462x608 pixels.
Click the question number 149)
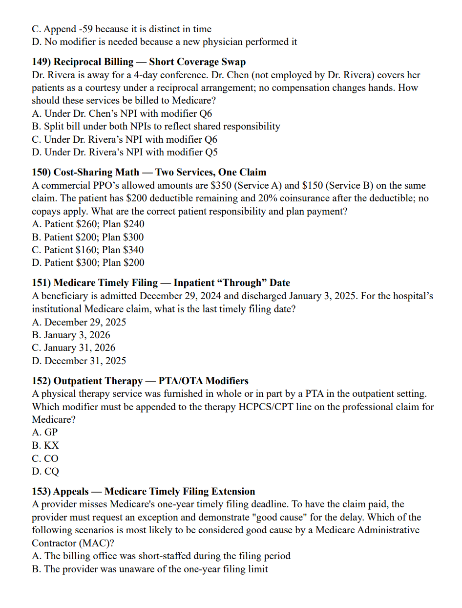pos(42,62)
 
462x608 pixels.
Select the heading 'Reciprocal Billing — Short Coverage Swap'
pos(149,62)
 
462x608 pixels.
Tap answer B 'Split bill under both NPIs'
pos(156,126)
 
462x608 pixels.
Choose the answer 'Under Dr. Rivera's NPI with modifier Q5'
pos(125,152)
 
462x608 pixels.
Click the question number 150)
pos(42,172)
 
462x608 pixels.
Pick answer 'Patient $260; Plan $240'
pos(88,224)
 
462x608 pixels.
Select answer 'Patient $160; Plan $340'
pos(88,250)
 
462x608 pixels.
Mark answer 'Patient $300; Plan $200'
pos(88,262)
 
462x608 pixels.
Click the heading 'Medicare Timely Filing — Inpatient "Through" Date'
pos(171,282)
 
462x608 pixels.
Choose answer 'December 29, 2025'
pos(79,322)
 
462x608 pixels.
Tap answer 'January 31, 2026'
pos(74,348)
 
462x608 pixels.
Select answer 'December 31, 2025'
pos(79,361)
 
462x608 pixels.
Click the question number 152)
pos(42,381)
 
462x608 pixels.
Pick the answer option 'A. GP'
pos(45,433)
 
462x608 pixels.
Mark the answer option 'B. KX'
pos(45,446)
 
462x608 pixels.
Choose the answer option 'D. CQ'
pos(45,472)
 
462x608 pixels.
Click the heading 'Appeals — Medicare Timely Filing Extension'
pos(154,491)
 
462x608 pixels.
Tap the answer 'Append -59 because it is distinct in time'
pos(122,29)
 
